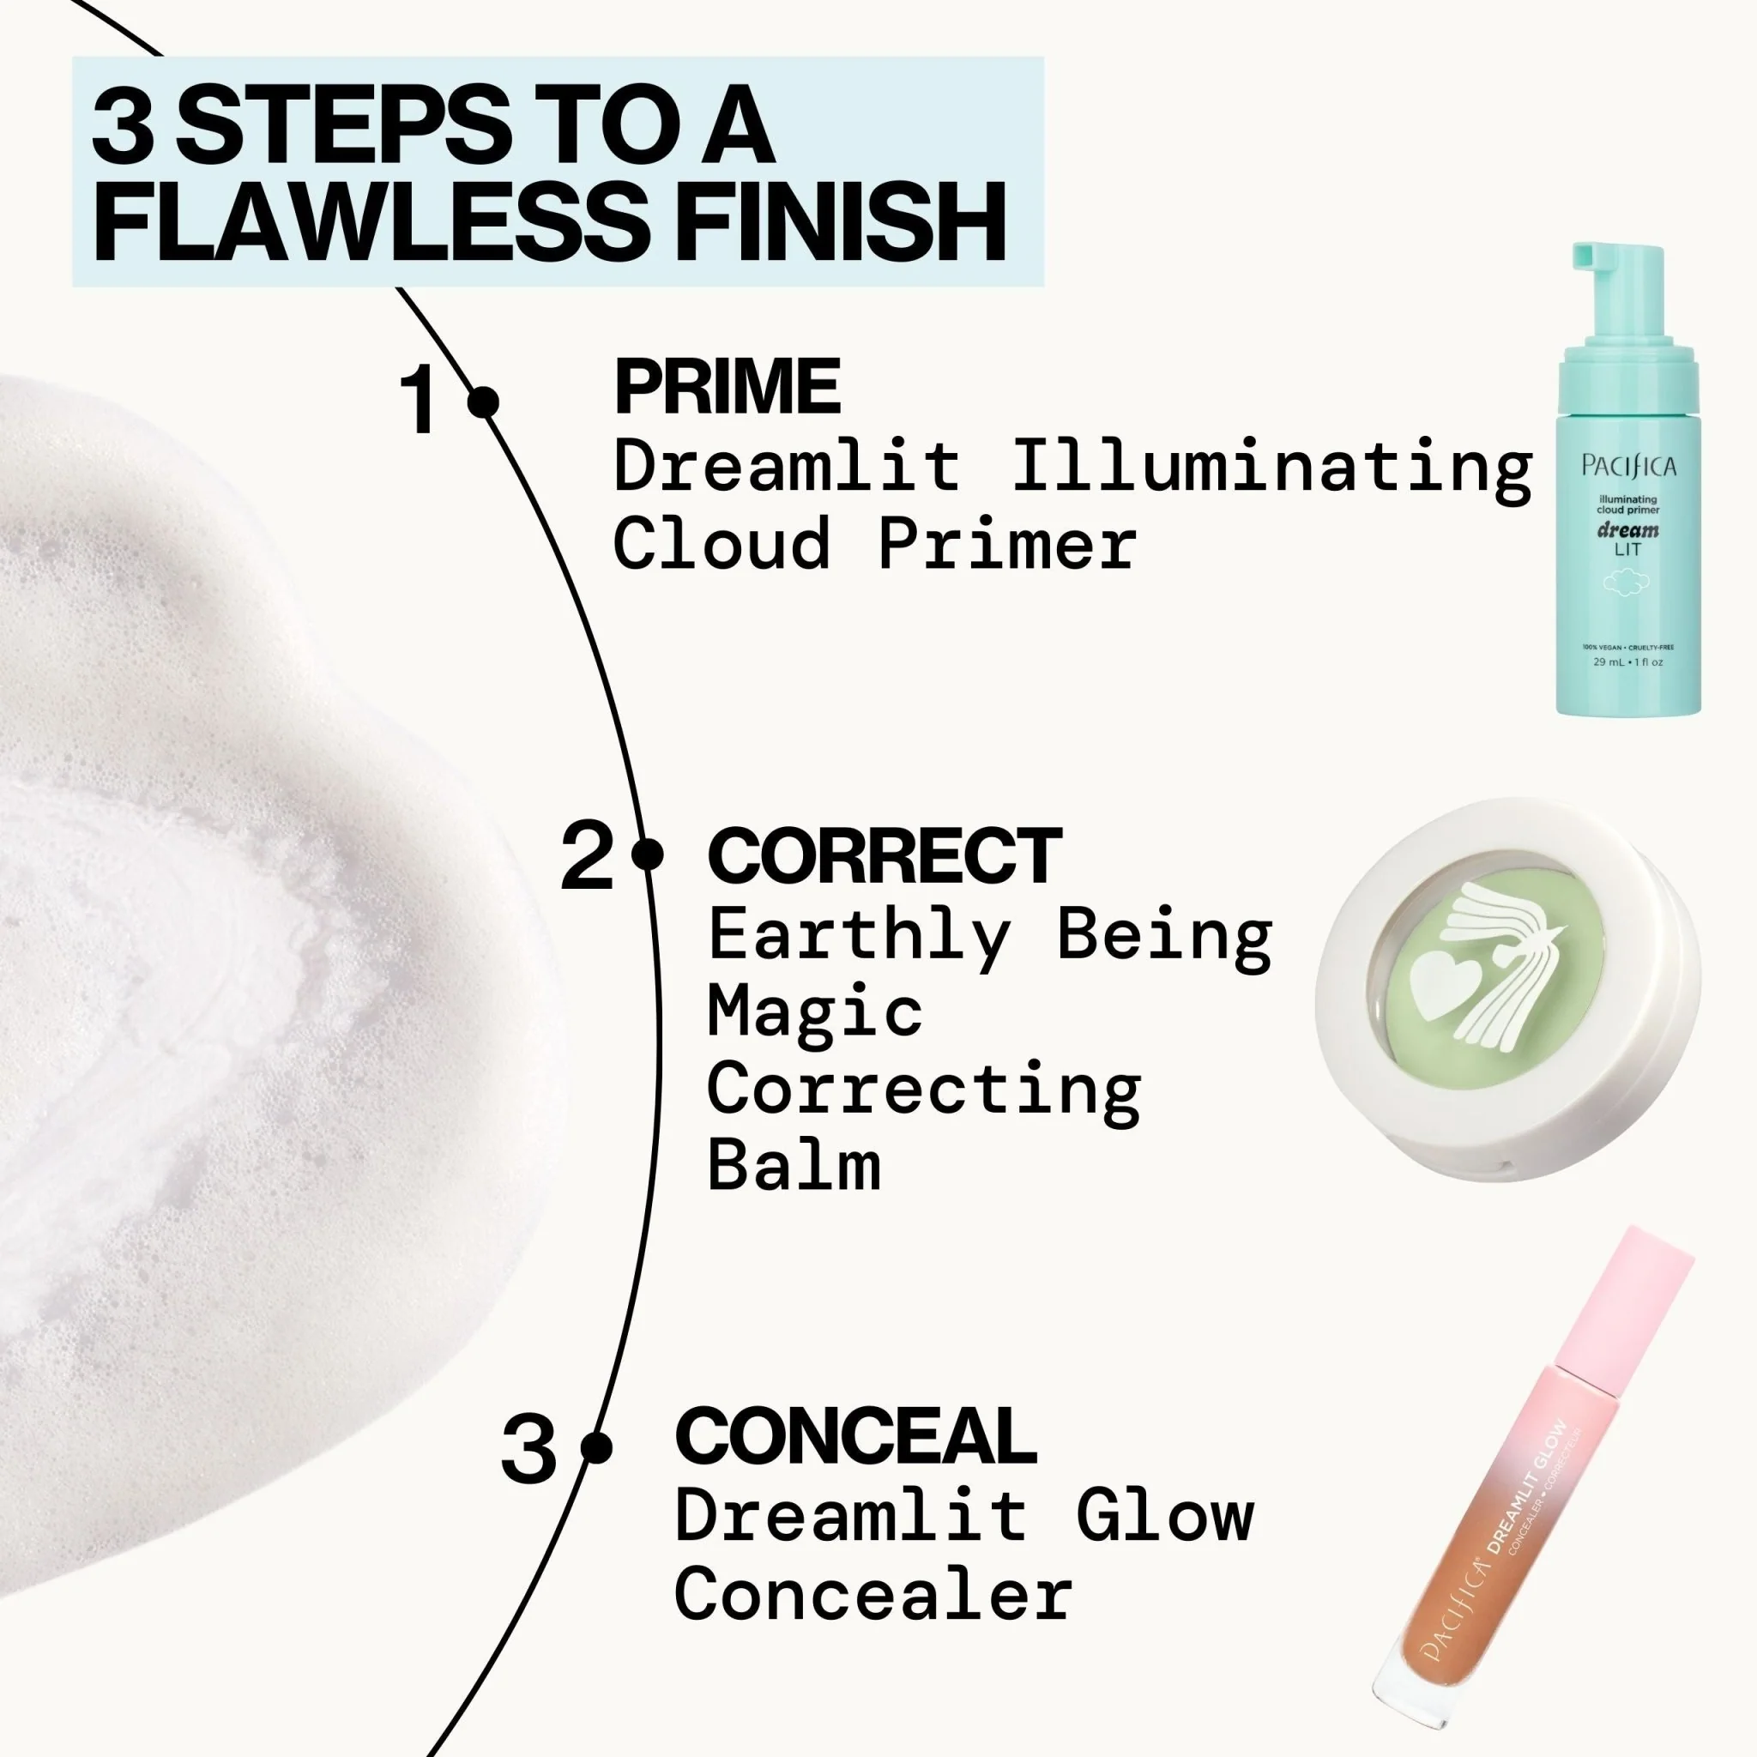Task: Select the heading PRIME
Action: pos(727,388)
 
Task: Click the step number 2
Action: pos(587,857)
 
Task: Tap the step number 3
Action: pos(528,1449)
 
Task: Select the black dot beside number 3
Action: pos(595,1448)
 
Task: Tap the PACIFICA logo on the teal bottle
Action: pos(1627,468)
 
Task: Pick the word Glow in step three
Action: pos(1165,1515)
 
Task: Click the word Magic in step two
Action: pos(815,1013)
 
